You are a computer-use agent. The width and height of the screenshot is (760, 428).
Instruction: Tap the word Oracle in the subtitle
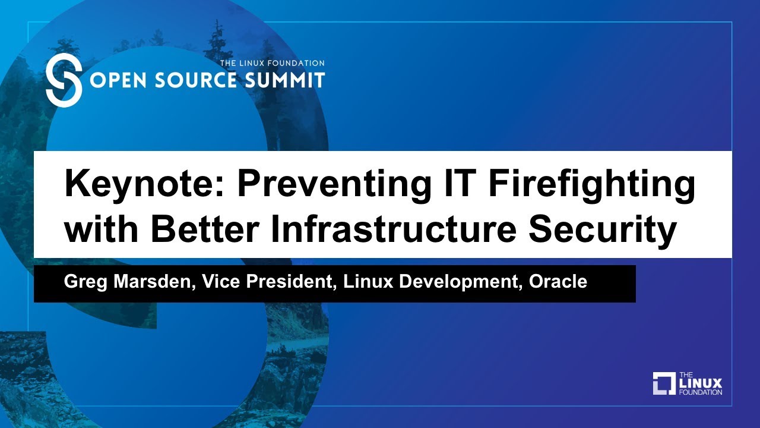click(x=558, y=282)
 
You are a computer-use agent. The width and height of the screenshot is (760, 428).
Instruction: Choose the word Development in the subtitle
click(x=457, y=282)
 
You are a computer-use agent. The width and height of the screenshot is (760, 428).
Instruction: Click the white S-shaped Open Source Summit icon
click(x=64, y=80)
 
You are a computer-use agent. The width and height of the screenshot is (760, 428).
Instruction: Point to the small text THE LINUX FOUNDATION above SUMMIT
click(x=272, y=63)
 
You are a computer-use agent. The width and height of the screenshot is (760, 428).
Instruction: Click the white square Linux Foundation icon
click(x=664, y=383)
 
